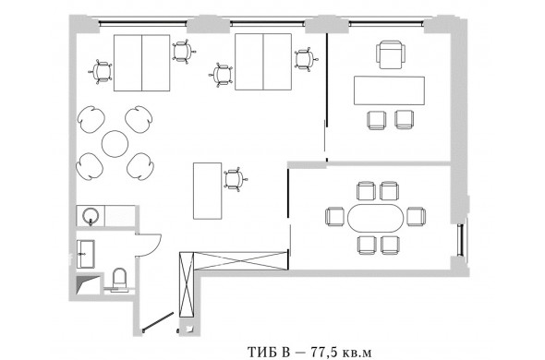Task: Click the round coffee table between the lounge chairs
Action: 115,143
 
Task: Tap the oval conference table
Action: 375,218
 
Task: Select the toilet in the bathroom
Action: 119,279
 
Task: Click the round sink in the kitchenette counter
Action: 91,216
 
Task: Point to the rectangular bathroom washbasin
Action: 86,254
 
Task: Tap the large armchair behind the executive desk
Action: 391,54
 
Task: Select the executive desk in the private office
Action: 389,90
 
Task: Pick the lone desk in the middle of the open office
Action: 208,191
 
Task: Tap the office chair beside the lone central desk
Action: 235,180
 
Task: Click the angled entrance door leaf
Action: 158,321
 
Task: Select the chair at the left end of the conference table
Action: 334,216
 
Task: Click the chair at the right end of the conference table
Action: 416,216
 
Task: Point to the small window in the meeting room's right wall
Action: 461,240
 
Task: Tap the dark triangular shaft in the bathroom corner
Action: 85,284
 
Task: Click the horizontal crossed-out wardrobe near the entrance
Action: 240,261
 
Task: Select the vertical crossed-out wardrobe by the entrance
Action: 187,284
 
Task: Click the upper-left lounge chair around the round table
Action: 91,119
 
